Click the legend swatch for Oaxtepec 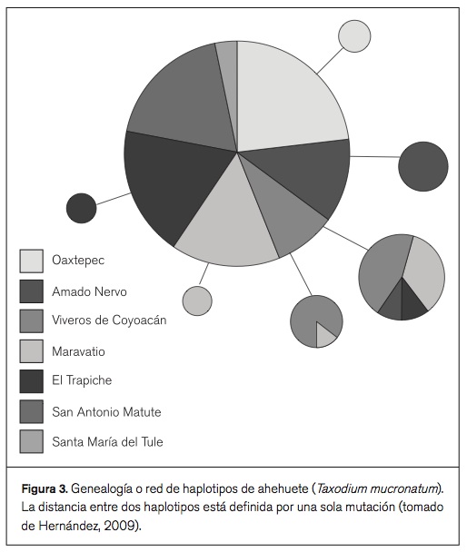[x=32, y=261]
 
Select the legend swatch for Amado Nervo [x=32, y=291]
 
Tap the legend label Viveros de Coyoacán [x=109, y=320]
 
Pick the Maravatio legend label [x=84, y=350]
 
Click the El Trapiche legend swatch [x=32, y=380]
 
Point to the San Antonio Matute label [x=106, y=411]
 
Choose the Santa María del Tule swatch [x=32, y=441]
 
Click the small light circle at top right [x=354, y=37]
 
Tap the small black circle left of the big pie [x=81, y=209]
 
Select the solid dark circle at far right [x=423, y=166]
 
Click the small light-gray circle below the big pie [x=197, y=301]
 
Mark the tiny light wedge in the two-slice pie [x=325, y=335]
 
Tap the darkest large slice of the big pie [x=173, y=182]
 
